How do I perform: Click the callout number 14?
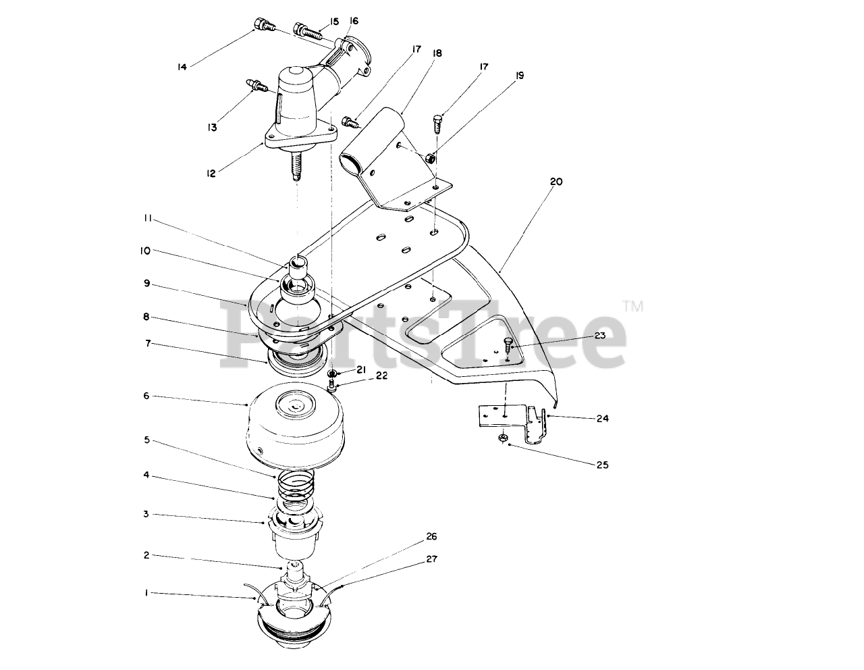182,66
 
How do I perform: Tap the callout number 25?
602,465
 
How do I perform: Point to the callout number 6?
146,396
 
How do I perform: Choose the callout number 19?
518,76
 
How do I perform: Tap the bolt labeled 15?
305,30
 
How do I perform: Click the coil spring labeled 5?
296,487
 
